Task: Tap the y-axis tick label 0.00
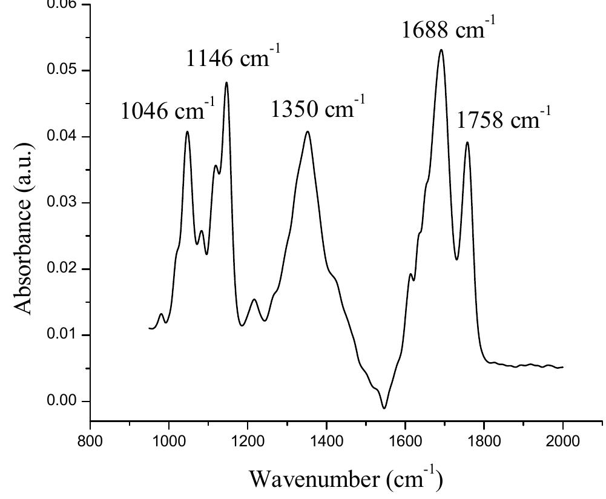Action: (65, 402)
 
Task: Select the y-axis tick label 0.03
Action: (65, 203)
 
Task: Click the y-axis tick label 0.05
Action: (65, 70)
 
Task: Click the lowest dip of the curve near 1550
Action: (384, 408)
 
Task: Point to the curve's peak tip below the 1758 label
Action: (467, 142)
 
